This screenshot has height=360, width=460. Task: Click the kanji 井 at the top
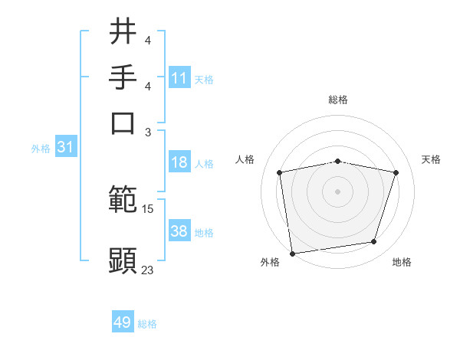123,32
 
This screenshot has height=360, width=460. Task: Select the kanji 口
123,122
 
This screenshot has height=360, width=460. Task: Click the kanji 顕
123,260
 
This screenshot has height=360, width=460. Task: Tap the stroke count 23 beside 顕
147,270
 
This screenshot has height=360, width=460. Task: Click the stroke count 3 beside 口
148,131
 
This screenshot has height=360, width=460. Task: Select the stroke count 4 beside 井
148,40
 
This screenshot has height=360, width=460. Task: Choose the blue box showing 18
179,162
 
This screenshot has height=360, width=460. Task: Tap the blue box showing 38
179,231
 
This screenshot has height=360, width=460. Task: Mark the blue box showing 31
65,147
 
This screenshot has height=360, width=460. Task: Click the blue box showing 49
123,322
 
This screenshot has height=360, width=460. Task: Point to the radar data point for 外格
292,253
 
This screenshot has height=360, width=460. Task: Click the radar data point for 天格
396,172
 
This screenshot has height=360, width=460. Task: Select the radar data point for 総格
338,161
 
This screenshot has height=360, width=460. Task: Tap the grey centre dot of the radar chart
338,191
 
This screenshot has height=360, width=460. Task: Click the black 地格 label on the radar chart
402,263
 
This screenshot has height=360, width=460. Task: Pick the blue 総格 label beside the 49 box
147,324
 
